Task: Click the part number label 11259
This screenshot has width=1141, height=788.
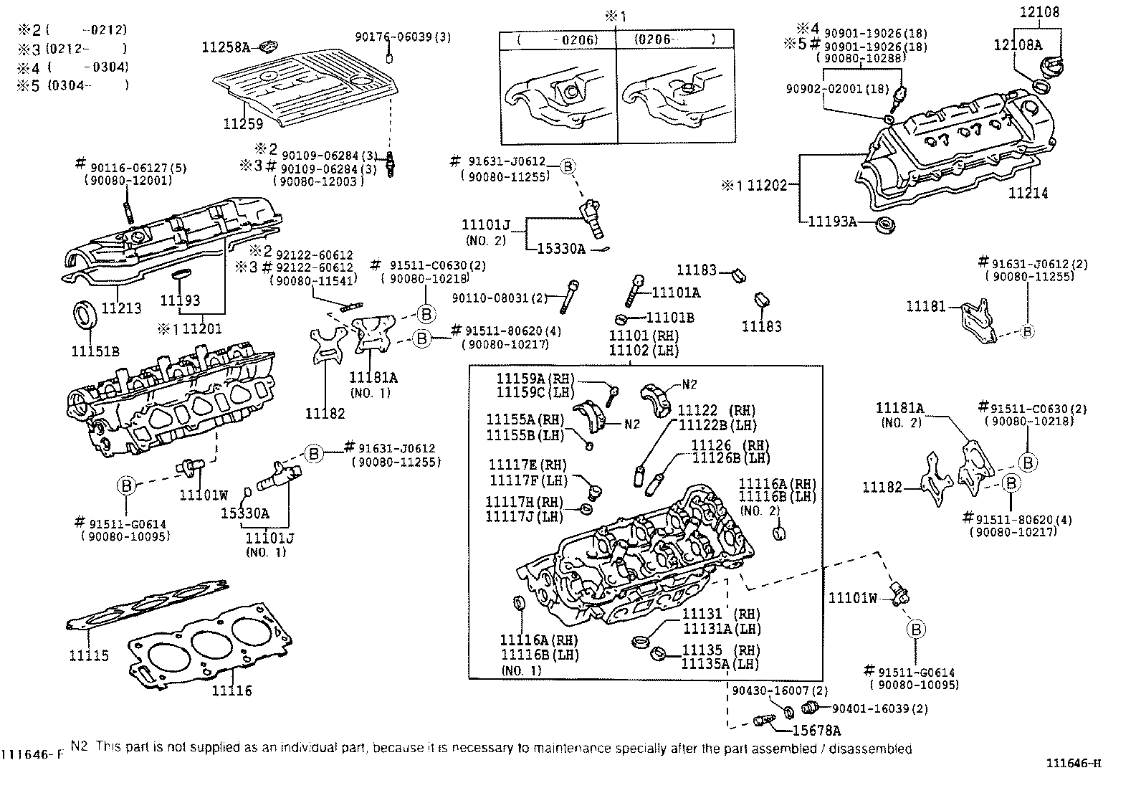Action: pos(243,124)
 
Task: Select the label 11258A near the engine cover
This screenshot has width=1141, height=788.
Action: pos(226,47)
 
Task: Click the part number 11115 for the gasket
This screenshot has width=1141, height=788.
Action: pos(89,655)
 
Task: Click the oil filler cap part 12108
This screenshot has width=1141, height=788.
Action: pos(1040,12)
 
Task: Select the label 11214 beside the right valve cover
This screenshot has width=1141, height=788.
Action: pos(1028,193)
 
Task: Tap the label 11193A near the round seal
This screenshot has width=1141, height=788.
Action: pos(832,222)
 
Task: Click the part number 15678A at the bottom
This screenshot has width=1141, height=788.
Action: pos(816,731)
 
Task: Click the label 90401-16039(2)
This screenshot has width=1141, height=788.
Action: pos(880,708)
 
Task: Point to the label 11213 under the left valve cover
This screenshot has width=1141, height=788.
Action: pos(121,308)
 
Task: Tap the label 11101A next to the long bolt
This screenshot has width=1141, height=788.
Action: pos(676,293)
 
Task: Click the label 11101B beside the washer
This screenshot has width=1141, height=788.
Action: pos(670,317)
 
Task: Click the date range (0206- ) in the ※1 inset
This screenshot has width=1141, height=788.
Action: pos(674,40)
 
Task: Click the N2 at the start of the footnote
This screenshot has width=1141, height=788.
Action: pos(79,747)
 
